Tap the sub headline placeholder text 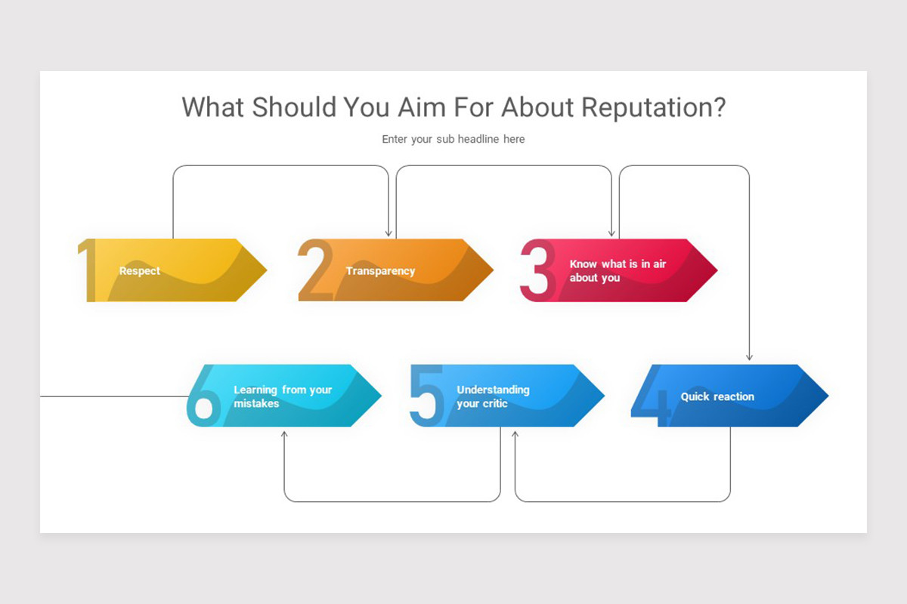point(453,139)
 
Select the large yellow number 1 point(89,270)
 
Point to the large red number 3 point(537,270)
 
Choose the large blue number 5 point(425,395)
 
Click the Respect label point(140,271)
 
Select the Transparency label point(380,271)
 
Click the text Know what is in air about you point(618,271)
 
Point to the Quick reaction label point(717,396)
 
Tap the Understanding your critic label point(493,396)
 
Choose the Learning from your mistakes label point(283,396)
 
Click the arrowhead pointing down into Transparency point(388,233)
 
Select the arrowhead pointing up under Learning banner point(284,434)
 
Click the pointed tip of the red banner point(715,270)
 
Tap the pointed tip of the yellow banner point(265,270)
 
